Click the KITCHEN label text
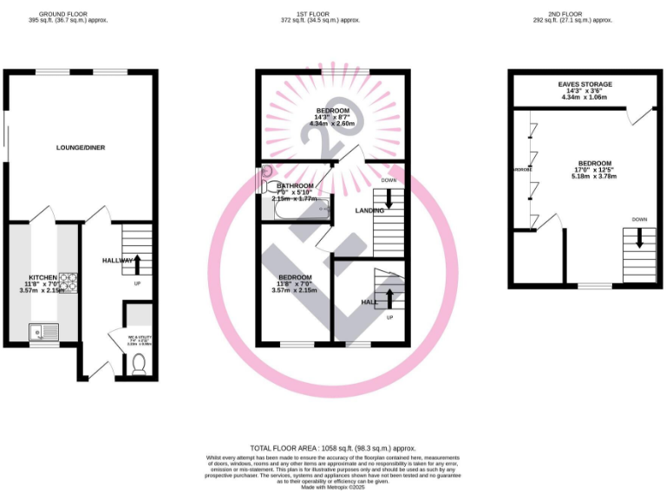coord(42,277)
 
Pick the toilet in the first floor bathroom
coord(266,184)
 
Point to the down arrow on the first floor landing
coord(388,198)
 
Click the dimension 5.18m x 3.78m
coord(594,178)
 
